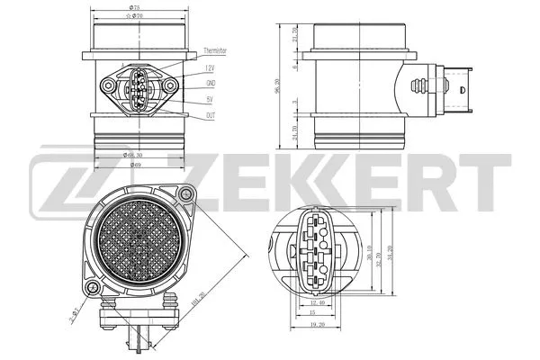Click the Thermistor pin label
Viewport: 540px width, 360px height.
tap(215, 51)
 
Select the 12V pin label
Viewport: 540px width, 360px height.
tap(209, 68)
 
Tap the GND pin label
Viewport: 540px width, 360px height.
tap(210, 85)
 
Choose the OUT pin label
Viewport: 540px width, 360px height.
tap(209, 116)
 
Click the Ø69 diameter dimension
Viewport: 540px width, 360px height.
tap(134, 165)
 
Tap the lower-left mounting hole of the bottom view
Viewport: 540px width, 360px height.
tap(92, 287)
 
